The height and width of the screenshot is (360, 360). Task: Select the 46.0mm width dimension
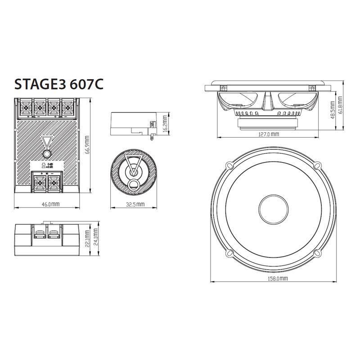coord(50,204)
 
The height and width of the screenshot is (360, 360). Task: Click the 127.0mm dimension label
coord(269,134)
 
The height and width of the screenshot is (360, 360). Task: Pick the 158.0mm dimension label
coord(275,279)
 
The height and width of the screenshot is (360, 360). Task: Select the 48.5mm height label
coord(332,110)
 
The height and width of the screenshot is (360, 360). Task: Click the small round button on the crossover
coord(46,154)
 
